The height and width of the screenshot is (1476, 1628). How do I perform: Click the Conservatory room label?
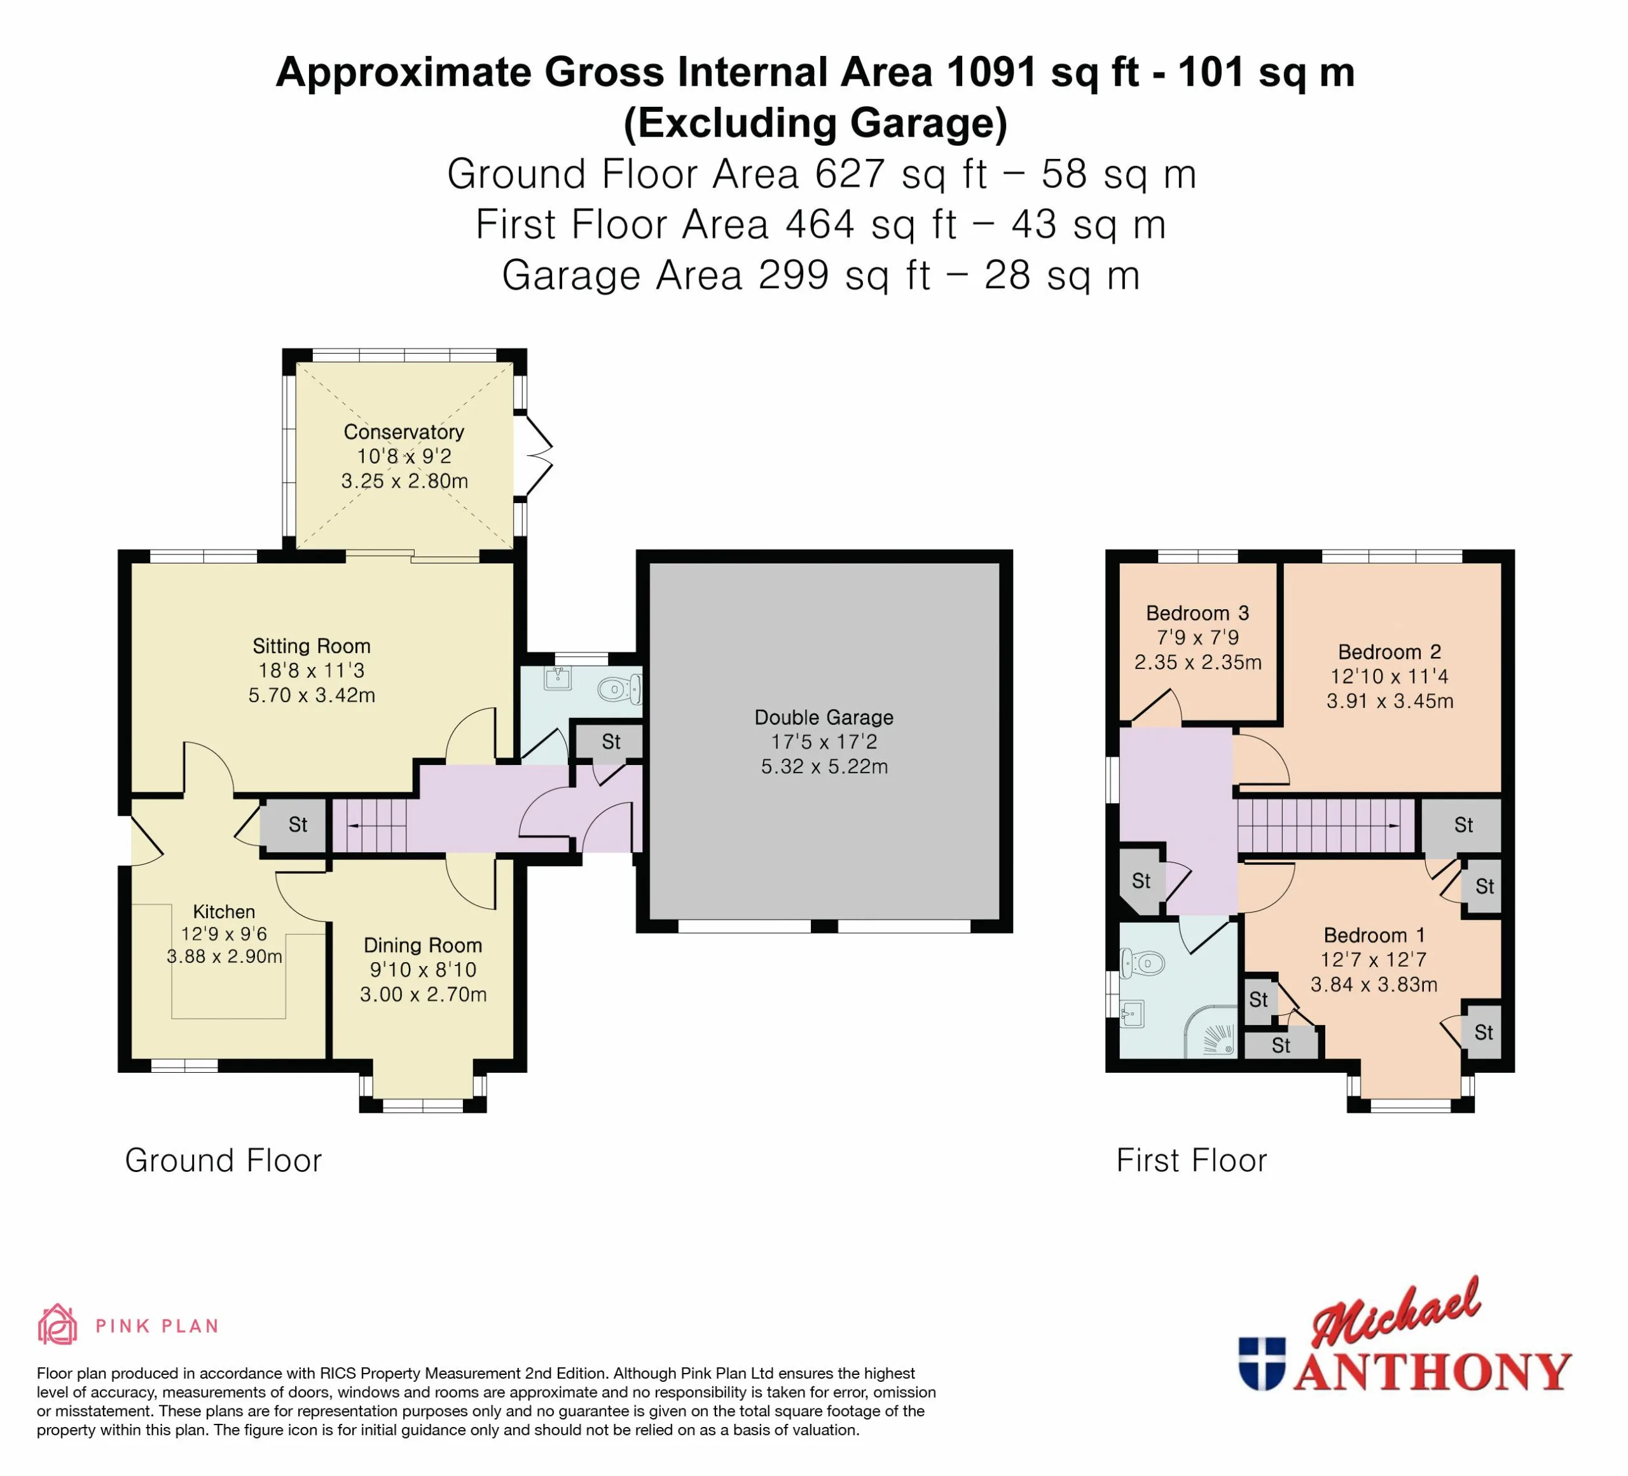coord(404,432)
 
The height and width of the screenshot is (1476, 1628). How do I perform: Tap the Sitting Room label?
coord(312,646)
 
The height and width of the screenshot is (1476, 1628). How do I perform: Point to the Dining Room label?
coord(422,946)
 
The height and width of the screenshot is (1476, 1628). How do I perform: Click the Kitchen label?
coord(224,911)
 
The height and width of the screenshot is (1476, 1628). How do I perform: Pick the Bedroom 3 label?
coord(1197,613)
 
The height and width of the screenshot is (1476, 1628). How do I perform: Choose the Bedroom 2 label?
coord(1390,652)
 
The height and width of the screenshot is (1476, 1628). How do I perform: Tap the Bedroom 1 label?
coord(1374,935)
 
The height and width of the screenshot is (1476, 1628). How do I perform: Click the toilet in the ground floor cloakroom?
coord(620,689)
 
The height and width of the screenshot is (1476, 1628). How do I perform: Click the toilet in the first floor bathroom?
coord(1142,962)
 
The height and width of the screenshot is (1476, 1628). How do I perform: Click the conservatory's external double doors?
coord(535,456)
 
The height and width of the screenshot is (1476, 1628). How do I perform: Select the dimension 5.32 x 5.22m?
coord(824,766)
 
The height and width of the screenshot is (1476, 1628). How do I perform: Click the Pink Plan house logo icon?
coord(57,1325)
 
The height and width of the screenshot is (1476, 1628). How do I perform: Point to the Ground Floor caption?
coord(223,1161)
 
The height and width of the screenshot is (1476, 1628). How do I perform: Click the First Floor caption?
coord(1191,1161)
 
